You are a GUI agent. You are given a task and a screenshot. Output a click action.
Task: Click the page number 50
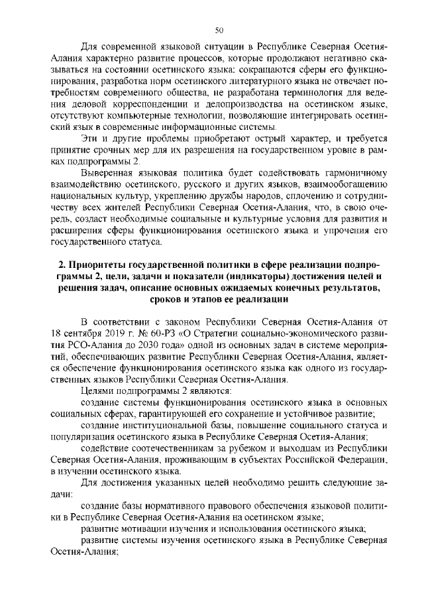[220, 29]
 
